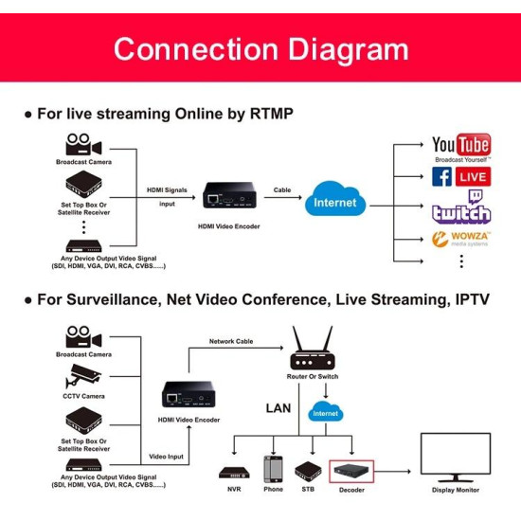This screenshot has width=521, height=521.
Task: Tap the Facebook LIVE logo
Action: coord(460,177)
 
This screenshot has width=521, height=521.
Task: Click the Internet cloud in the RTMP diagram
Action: coord(335,202)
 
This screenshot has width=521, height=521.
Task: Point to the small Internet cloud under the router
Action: coord(325,412)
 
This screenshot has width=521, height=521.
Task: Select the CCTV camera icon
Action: coord(83,376)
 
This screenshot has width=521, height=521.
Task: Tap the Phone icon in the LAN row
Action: coord(273,470)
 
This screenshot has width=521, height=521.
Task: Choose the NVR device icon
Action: coord(233,472)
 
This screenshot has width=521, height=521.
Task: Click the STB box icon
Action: coord(308,471)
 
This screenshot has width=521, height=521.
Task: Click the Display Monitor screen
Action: coord(461,457)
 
